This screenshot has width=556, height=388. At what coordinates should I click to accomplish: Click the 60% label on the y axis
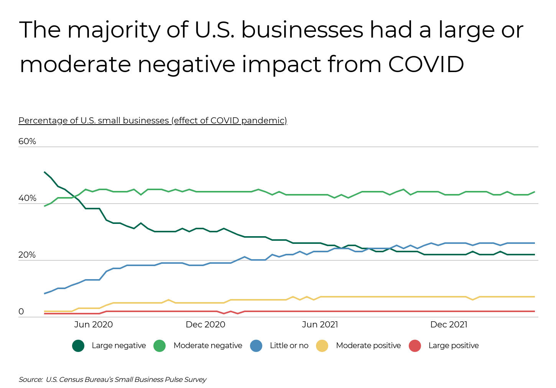(27, 141)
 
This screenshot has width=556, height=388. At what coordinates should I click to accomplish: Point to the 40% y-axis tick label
(27, 198)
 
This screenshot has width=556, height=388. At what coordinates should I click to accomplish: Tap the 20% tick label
(27, 255)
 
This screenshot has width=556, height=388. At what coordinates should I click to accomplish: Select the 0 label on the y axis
(21, 312)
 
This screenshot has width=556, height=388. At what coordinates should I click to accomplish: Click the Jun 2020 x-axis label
(93, 325)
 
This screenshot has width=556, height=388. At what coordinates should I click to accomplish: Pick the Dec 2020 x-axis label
(205, 325)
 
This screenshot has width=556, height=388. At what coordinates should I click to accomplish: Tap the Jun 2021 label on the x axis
(320, 325)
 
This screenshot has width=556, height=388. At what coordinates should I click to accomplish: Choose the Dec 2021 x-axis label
(449, 325)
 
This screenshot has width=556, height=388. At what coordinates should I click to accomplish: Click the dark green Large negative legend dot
(78, 346)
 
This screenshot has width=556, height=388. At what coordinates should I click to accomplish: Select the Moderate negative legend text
(208, 346)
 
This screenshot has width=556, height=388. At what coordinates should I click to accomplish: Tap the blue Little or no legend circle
(256, 346)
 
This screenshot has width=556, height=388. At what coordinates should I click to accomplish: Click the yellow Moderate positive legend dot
(322, 346)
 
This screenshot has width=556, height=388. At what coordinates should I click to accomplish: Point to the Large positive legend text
(454, 346)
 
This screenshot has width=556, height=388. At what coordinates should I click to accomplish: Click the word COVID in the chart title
(426, 64)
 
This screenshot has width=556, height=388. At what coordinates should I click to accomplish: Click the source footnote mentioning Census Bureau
(112, 380)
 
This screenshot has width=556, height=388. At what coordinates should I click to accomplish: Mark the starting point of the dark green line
(44, 172)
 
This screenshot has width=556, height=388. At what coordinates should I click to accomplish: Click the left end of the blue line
(44, 294)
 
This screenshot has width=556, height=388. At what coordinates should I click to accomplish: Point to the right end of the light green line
(534, 192)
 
